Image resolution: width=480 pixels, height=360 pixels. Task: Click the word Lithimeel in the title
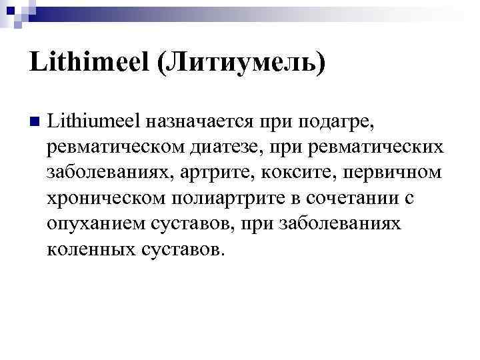tap(79, 64)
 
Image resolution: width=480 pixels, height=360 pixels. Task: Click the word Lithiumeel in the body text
tap(100, 121)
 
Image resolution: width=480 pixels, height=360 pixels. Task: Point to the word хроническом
tap(107, 197)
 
